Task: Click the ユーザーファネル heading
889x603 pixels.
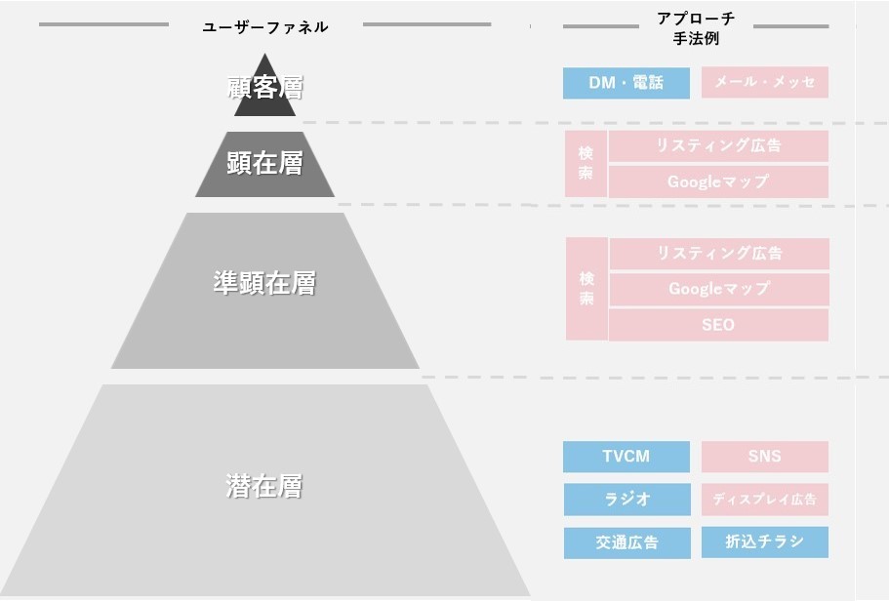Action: [264, 27]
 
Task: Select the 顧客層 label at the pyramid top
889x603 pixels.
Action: [264, 88]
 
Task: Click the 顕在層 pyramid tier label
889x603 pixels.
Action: [264, 163]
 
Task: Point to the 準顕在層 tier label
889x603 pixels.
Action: [264, 283]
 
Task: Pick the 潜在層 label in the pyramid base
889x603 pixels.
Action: [264, 486]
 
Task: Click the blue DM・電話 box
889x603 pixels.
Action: [626, 83]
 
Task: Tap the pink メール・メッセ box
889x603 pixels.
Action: [764, 83]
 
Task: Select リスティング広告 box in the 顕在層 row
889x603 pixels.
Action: [718, 146]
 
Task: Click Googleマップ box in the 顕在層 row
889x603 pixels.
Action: [718, 181]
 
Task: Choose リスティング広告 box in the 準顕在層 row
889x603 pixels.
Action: [718, 254]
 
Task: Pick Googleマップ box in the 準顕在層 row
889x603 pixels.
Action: [718, 289]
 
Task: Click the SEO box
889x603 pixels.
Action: [718, 325]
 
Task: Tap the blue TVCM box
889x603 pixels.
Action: [626, 457]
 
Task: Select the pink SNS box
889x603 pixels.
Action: [764, 457]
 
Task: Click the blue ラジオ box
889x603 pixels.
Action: [626, 500]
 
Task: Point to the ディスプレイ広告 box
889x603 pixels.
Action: [764, 500]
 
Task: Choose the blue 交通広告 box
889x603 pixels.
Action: [626, 543]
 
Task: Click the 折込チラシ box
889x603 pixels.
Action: [764, 543]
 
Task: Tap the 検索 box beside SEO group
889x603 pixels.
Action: [586, 289]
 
